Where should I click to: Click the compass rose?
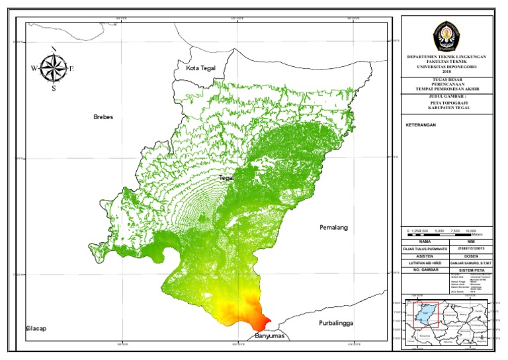pyautogui.click(x=53, y=68)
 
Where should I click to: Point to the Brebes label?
pyautogui.click(x=104, y=117)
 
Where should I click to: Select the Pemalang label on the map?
pyautogui.click(x=333, y=227)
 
